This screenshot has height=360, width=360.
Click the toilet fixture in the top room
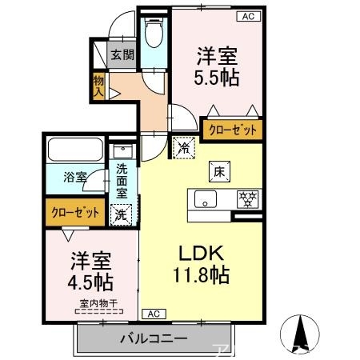[154, 34]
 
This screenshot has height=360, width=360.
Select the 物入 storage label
[98, 85]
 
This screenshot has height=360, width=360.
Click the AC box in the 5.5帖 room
[246, 16]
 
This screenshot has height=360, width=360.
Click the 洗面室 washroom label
[122, 181]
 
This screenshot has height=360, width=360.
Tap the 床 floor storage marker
[218, 170]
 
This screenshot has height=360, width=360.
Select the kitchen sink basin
[204, 199]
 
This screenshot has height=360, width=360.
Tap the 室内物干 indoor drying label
[98, 302]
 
